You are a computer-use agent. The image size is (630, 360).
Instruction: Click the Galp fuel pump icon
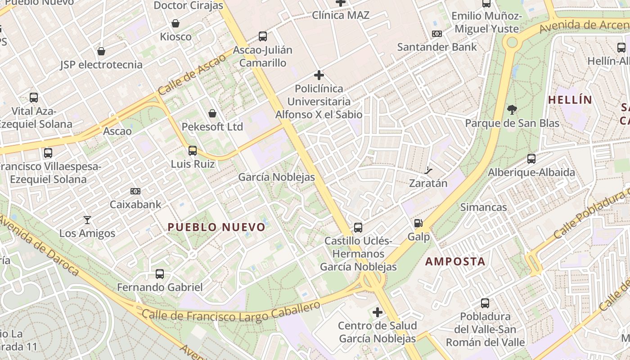click(418, 223)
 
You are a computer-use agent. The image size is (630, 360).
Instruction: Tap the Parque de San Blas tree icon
click(512, 109)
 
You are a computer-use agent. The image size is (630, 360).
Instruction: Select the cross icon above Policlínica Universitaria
click(319, 75)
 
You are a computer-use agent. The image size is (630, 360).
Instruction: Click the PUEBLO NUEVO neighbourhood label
click(216, 227)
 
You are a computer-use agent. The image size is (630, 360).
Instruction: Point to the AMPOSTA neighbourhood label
click(455, 261)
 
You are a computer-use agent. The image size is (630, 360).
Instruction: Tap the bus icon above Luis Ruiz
click(193, 150)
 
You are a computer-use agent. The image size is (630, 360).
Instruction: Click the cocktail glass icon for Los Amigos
click(87, 220)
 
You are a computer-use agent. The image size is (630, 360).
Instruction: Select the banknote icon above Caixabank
click(135, 191)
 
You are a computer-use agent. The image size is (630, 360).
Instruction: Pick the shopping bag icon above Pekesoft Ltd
click(212, 113)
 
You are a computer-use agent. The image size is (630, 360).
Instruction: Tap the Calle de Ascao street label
click(192, 74)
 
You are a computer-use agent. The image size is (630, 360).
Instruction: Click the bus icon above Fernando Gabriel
click(159, 274)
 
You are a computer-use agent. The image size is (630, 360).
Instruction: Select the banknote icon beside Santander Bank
click(436, 34)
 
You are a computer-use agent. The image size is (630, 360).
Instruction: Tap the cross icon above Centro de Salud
click(378, 312)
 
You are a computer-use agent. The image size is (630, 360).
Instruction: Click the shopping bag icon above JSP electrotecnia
click(101, 51)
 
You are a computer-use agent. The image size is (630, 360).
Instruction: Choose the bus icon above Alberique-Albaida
click(531, 158)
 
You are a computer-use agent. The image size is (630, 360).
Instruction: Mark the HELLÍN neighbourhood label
click(570, 100)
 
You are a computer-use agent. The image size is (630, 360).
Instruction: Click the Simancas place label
click(483, 207)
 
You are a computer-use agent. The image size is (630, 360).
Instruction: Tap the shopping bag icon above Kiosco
click(175, 23)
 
